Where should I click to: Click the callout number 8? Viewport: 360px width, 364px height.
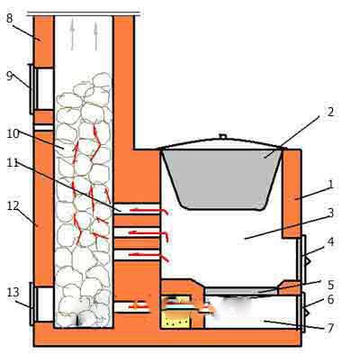(9, 18)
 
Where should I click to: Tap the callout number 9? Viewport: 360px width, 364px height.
(10, 76)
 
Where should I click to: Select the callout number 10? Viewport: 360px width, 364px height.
(13, 133)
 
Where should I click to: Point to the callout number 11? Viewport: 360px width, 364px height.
(13, 163)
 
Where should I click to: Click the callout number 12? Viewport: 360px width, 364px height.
(13, 206)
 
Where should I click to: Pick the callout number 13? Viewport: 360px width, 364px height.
(13, 292)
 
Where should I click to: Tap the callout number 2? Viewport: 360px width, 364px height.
(330, 112)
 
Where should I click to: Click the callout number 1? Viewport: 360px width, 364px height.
(330, 184)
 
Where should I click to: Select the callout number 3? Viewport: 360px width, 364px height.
(330, 213)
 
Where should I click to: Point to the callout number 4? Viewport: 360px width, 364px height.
(330, 241)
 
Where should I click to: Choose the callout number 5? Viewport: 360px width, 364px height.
(330, 285)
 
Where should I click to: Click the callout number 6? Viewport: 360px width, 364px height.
(330, 299)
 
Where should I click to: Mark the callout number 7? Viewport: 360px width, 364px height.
(330, 328)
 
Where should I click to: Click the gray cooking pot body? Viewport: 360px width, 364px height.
(221, 178)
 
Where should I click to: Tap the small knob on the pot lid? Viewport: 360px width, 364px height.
(222, 136)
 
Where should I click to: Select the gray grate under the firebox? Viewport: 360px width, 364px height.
(241, 291)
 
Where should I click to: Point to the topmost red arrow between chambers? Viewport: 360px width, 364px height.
(149, 211)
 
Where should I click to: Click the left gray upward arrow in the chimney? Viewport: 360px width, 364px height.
(72, 36)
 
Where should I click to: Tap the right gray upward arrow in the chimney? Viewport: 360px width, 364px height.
(95, 36)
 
